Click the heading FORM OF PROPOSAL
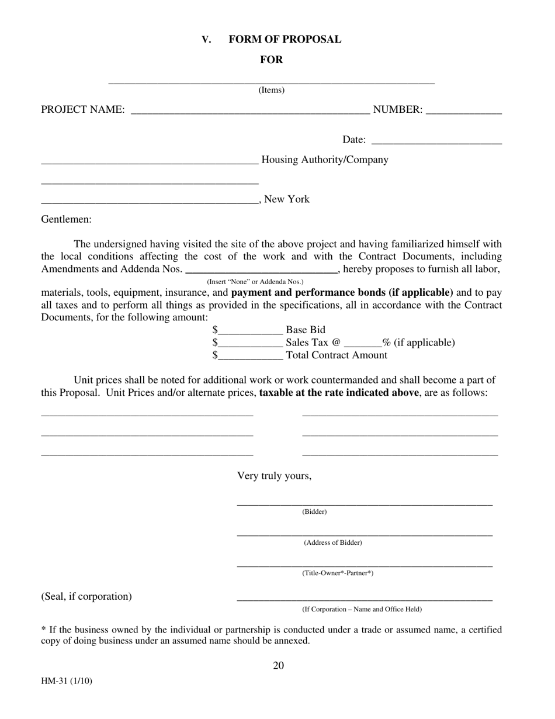[285, 39]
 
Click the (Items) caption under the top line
[272, 90]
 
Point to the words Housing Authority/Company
[325, 160]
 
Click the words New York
[287, 199]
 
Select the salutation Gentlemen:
[66, 219]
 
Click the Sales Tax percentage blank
[363, 343]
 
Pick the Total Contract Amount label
[337, 355]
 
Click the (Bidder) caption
[314, 512]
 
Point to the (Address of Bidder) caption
[333, 542]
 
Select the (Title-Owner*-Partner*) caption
[338, 573]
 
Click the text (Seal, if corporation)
[86, 596]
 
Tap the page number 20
[278, 666]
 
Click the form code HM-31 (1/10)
[67, 682]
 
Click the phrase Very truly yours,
[274, 476]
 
